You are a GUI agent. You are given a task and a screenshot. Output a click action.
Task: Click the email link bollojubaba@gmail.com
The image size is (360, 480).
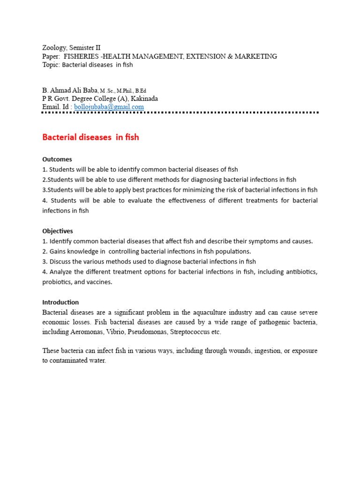pyautogui.click(x=109, y=107)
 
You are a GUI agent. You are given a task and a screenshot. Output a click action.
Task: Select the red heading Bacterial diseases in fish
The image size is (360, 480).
pyautogui.click(x=90, y=137)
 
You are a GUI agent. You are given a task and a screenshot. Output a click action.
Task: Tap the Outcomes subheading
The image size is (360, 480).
pyautogui.click(x=57, y=159)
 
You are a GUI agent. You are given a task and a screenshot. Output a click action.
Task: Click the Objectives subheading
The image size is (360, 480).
pyautogui.click(x=58, y=231)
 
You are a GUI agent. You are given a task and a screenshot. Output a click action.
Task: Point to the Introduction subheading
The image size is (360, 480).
pyautogui.click(x=60, y=302)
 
